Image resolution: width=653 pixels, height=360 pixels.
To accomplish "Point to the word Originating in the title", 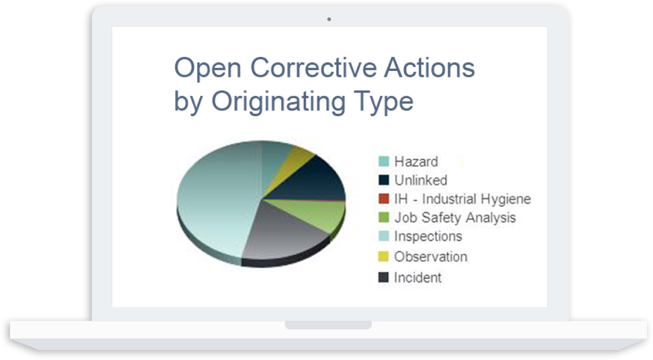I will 278,102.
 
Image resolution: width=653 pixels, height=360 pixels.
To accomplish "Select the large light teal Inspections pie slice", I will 216,201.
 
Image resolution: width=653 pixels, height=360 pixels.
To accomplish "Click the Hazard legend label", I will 416,161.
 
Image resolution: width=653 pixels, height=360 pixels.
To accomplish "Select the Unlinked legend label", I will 421,180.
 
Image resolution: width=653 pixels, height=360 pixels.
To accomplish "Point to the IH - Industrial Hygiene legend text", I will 462,199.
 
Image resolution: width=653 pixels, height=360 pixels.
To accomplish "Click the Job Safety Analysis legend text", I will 455,218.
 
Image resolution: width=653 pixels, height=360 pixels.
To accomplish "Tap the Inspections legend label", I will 428,236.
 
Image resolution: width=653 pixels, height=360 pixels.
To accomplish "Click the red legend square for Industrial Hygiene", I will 384,199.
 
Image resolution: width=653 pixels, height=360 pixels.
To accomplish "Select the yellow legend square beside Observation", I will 384,256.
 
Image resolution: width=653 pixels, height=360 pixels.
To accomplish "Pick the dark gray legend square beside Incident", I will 384,277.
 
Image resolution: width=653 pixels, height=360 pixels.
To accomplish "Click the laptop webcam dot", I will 329,19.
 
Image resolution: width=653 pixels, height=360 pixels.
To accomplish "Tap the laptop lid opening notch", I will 328,325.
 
